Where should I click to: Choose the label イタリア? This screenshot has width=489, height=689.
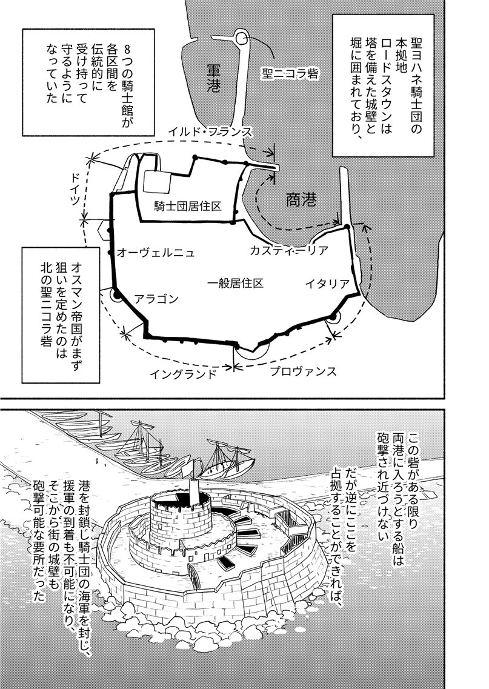pos(327,284)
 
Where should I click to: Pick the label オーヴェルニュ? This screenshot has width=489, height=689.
pos(156,252)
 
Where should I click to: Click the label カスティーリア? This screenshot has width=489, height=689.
pos(288,250)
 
